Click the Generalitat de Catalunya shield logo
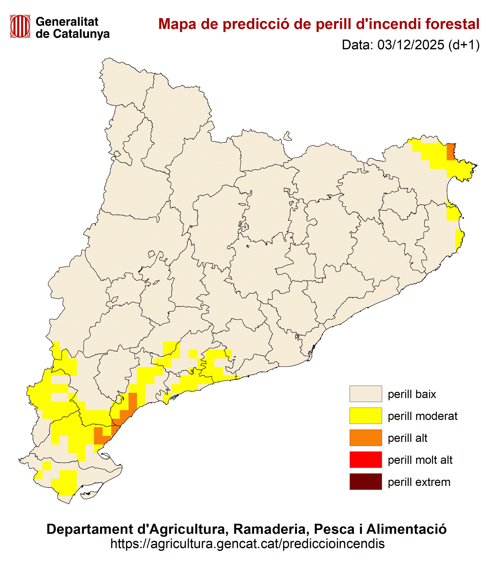click(x=20, y=27)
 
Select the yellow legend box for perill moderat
click(x=366, y=416)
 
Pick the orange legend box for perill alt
click(x=366, y=438)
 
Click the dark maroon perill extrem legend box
click(x=366, y=482)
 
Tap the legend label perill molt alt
click(x=420, y=460)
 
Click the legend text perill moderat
click(x=422, y=416)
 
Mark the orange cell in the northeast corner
click(x=451, y=152)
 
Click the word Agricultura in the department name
click(x=188, y=529)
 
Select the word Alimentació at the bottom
click(x=406, y=529)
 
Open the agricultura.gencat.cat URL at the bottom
click(x=247, y=543)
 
